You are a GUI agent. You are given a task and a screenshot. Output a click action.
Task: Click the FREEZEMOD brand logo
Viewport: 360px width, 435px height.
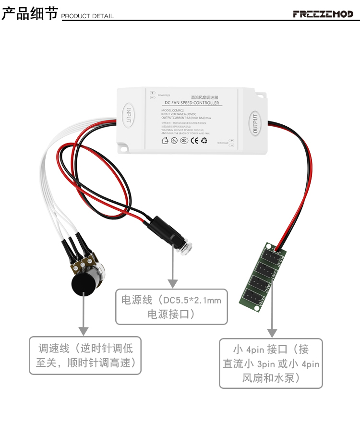(x=323, y=14)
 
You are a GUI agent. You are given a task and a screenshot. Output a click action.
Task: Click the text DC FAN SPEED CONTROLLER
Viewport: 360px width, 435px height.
(x=192, y=103)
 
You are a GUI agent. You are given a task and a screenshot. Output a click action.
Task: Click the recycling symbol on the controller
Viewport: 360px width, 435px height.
(x=204, y=141)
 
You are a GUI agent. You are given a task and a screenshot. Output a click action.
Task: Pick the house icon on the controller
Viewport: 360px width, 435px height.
(x=165, y=141)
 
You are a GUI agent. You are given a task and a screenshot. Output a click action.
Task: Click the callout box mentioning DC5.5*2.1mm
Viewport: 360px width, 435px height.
(x=171, y=307)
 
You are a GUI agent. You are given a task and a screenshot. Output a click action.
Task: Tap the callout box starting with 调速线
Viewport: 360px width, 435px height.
(x=85, y=355)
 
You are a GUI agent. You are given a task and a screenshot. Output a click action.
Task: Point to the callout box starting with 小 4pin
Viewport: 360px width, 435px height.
(x=271, y=363)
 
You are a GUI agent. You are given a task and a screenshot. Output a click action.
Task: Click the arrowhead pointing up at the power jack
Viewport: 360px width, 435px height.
(x=171, y=284)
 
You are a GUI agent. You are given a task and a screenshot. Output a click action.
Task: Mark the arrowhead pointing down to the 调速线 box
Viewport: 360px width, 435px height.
(x=84, y=331)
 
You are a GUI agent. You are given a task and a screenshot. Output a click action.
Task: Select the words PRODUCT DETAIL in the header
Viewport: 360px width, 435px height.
(x=88, y=16)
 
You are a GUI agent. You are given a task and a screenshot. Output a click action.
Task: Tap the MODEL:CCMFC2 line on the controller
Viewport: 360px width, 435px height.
(x=173, y=110)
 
